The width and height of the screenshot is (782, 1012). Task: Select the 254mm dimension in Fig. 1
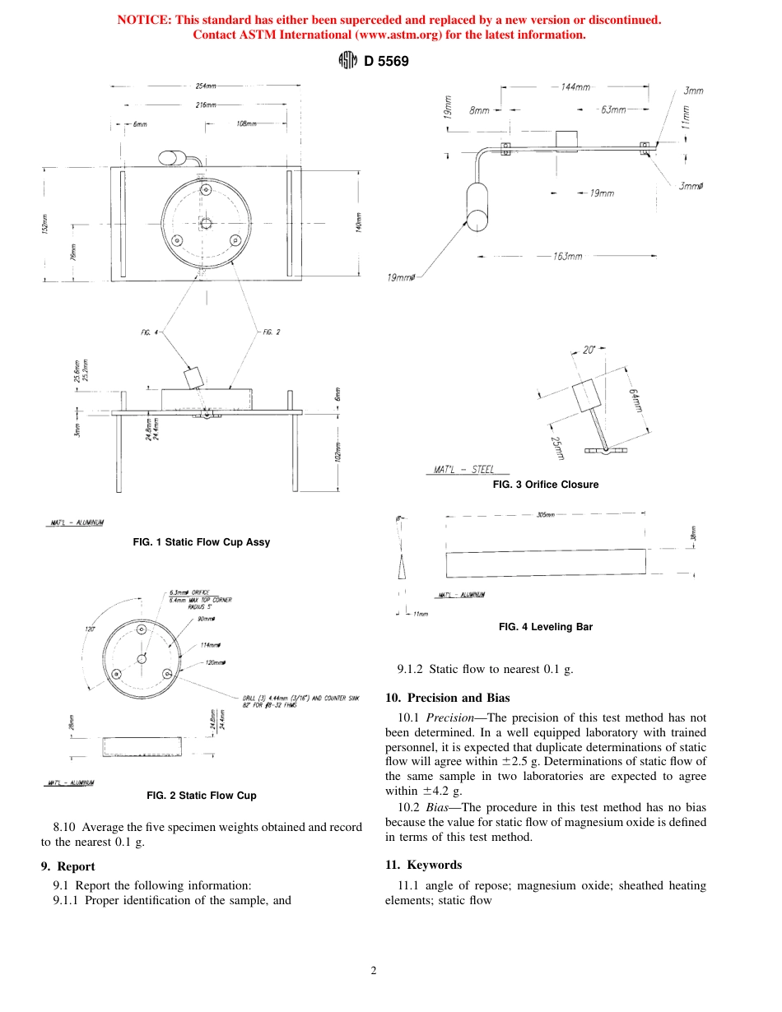[206, 86]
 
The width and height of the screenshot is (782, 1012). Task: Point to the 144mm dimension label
[575, 87]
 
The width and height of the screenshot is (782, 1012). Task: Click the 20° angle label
[589, 350]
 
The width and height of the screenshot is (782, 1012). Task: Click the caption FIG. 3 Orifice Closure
[545, 485]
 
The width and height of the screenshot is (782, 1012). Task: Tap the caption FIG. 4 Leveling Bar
[545, 627]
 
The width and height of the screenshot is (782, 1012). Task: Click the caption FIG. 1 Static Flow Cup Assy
[201, 542]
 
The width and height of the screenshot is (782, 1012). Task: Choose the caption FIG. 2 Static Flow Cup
[201, 796]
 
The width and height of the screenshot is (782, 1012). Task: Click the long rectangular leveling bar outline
[545, 564]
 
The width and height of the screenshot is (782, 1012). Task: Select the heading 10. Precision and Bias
[447, 698]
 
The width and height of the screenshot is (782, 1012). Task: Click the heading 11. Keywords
[423, 865]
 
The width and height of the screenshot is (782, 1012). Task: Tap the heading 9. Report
[67, 866]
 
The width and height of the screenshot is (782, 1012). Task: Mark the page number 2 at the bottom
[374, 971]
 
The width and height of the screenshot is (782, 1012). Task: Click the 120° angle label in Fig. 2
[91, 629]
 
